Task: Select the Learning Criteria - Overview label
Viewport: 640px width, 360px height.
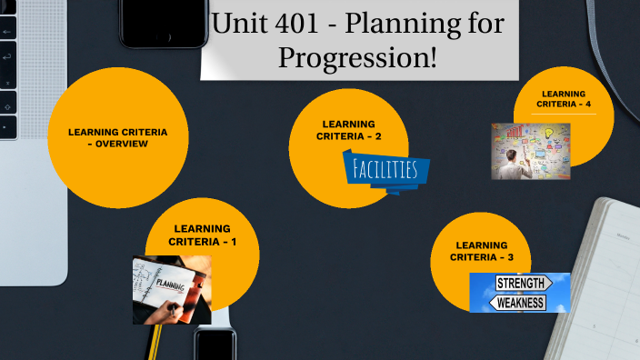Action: coord(117,137)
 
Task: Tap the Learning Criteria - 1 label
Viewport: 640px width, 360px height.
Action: coord(203,235)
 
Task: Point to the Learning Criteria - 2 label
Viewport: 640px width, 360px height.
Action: coord(348,130)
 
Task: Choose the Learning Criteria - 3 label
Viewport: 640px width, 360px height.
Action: coord(482,251)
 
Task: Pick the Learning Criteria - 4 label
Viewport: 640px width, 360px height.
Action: coord(564,98)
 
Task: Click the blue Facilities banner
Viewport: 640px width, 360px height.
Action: coord(385,171)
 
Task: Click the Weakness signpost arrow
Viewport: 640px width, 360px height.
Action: coord(520,302)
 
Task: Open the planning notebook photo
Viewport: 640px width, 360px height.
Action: coord(172,289)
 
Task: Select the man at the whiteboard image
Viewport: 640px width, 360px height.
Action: coord(531,151)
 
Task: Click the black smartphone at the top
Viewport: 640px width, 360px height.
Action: coord(164,22)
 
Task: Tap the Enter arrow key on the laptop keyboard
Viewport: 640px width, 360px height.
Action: coord(6,56)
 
